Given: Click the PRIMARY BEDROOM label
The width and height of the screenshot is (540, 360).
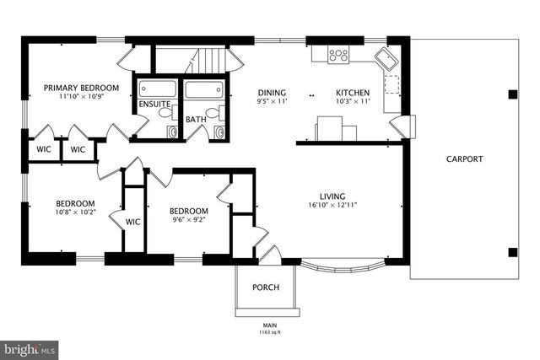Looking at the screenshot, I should pyautogui.click(x=81, y=87).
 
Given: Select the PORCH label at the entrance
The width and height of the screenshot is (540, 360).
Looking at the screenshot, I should pyautogui.click(x=266, y=287).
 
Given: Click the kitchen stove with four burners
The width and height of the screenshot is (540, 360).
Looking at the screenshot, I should pyautogui.click(x=338, y=55).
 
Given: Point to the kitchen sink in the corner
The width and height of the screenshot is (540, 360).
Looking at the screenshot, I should pyautogui.click(x=388, y=59).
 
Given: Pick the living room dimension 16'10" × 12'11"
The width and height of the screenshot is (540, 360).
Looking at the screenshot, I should pyautogui.click(x=332, y=204).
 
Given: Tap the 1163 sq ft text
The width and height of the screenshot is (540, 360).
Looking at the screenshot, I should pyautogui.click(x=270, y=331).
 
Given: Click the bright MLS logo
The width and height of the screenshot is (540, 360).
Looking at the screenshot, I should pyautogui.click(x=30, y=348).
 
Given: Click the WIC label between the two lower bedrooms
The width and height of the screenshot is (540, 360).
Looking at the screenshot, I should pyautogui.click(x=132, y=222).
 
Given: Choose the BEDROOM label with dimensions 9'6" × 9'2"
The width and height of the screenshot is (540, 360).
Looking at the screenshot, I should pyautogui.click(x=187, y=211).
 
